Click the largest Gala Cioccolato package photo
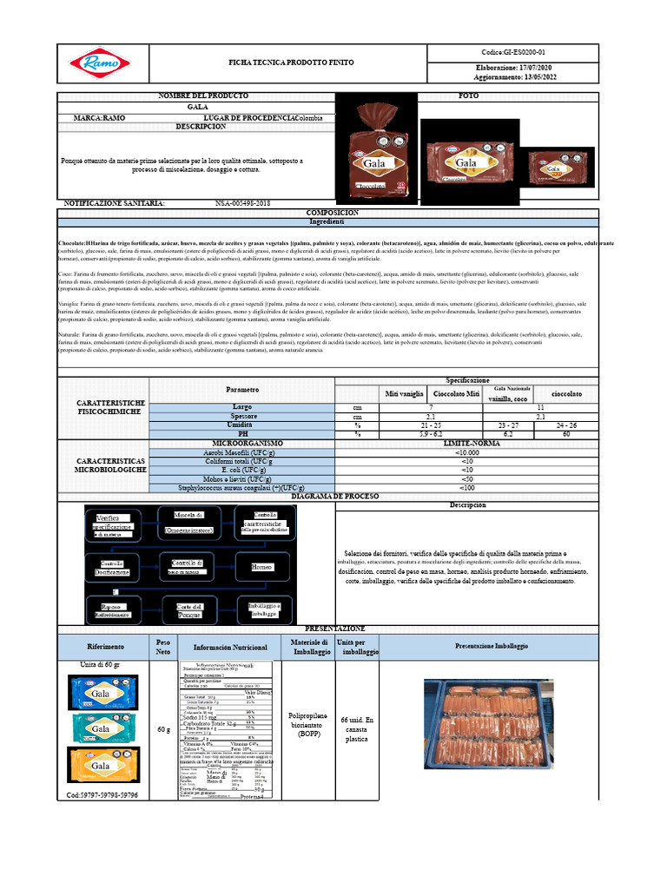(374, 152)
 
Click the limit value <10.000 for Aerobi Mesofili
(467, 452)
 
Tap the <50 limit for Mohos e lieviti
(467, 479)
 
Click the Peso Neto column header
(163, 646)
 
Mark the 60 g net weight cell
(163, 729)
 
